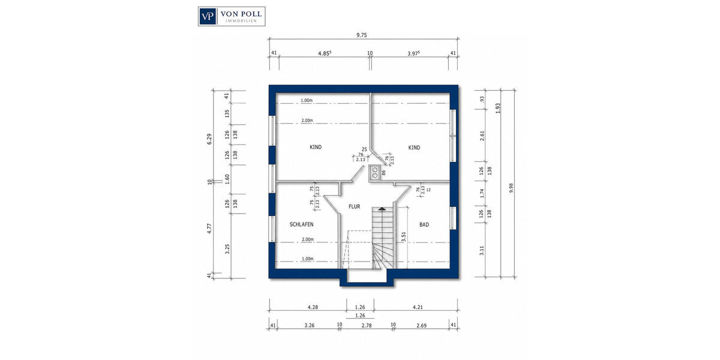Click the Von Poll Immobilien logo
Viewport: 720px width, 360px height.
click(x=232, y=16)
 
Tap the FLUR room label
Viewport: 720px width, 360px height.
click(x=354, y=206)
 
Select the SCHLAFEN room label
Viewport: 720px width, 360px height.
click(x=301, y=224)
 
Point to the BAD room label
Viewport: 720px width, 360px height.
click(x=424, y=224)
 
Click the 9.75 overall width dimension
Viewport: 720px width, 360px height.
click(x=362, y=35)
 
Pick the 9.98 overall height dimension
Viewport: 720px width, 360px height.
click(x=511, y=188)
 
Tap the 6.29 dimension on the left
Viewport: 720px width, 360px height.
click(x=209, y=139)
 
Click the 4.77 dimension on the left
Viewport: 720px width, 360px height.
click(x=209, y=228)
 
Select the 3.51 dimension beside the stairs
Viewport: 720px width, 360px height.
click(x=404, y=237)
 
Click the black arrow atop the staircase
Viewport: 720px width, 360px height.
click(x=382, y=209)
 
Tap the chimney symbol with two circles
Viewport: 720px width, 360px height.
click(x=374, y=173)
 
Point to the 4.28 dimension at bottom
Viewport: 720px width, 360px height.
click(x=313, y=307)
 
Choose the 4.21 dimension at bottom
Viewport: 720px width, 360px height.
click(x=418, y=307)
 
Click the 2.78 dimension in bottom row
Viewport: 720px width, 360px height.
click(x=367, y=326)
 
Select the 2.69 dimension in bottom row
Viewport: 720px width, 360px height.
click(x=421, y=326)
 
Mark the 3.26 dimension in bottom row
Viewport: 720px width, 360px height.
click(x=309, y=326)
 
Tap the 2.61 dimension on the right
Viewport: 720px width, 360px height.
click(x=482, y=136)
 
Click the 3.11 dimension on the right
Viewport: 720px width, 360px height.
click(x=482, y=251)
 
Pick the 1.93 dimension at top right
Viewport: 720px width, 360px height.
click(x=498, y=108)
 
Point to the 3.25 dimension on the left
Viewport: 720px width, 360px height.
click(x=227, y=249)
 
